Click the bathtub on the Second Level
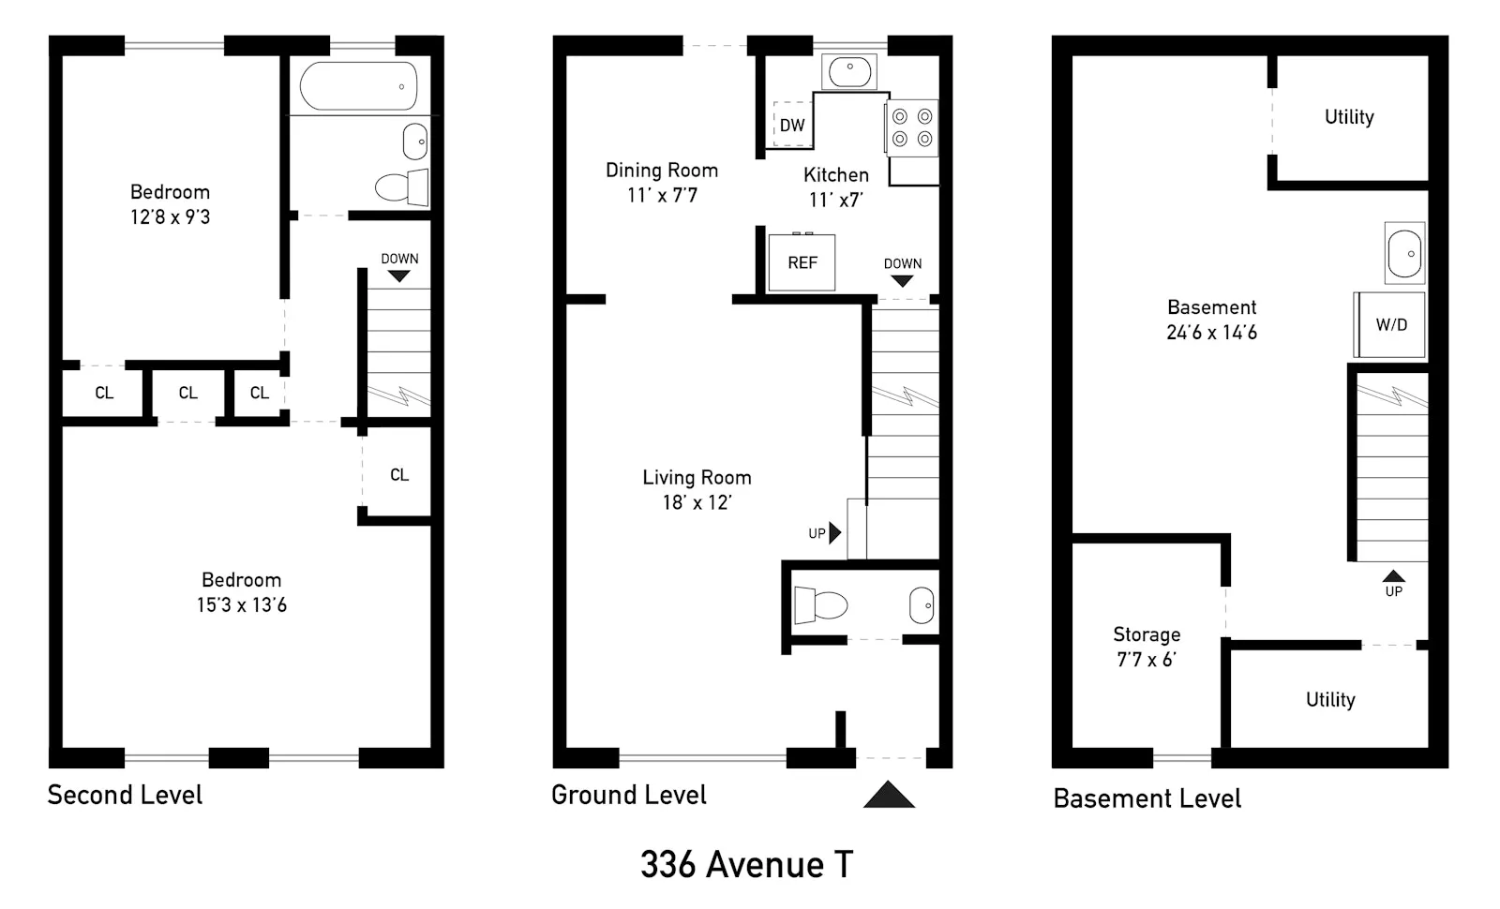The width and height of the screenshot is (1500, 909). [358, 86]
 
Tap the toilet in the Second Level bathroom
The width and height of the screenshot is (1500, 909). [401, 186]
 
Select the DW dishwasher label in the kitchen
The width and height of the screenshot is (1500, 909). [792, 126]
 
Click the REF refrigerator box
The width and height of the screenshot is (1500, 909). [802, 262]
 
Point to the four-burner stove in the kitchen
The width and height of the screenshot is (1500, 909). [912, 127]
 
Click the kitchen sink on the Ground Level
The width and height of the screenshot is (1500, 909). [849, 71]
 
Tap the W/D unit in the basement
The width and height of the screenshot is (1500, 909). [1391, 324]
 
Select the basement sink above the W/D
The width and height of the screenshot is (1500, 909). [1404, 253]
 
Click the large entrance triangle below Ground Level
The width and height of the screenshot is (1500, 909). [889, 796]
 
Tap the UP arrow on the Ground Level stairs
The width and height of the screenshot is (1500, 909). [835, 533]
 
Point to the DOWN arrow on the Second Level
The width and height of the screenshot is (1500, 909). [399, 276]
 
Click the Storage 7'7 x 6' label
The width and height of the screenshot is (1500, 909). [1146, 647]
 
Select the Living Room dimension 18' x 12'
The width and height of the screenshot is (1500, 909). [697, 502]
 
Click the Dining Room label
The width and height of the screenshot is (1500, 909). [662, 171]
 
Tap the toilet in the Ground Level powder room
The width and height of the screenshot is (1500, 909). [819, 604]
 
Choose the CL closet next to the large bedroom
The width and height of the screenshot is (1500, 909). [399, 475]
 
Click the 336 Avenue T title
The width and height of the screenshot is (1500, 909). [746, 864]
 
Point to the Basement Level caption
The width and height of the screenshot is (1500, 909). [1147, 798]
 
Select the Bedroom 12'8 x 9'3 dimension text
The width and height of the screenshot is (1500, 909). [170, 217]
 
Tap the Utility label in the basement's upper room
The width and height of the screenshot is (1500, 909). [1349, 117]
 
